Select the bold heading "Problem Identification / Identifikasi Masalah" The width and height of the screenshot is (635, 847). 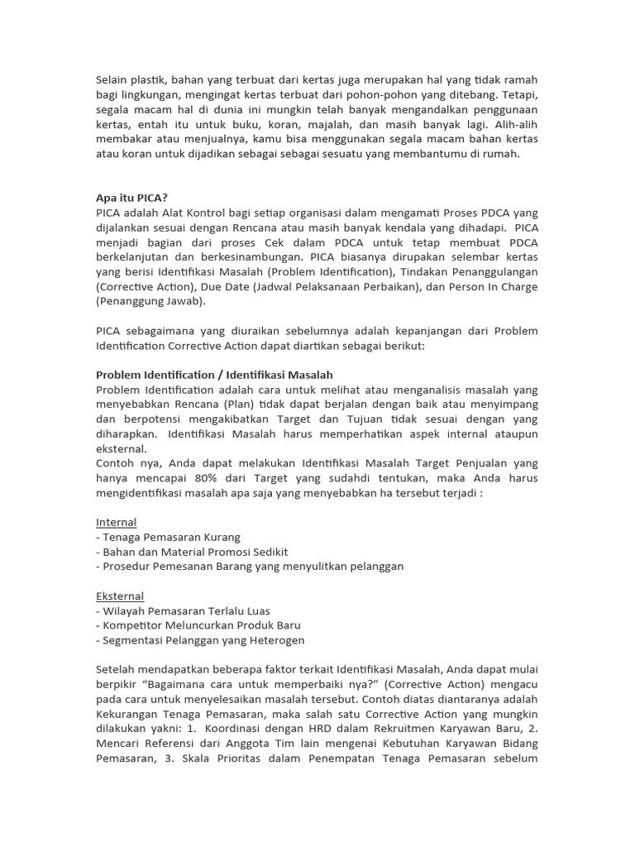(214, 375)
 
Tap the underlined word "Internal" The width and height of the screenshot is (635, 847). (117, 522)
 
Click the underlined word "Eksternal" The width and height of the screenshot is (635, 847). (120, 596)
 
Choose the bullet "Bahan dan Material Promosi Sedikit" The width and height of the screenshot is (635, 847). (192, 552)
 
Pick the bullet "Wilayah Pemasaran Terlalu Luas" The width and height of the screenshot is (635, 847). (183, 610)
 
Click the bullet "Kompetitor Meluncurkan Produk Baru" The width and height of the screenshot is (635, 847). (198, 625)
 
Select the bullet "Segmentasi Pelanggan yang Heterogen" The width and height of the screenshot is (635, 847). (200, 640)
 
